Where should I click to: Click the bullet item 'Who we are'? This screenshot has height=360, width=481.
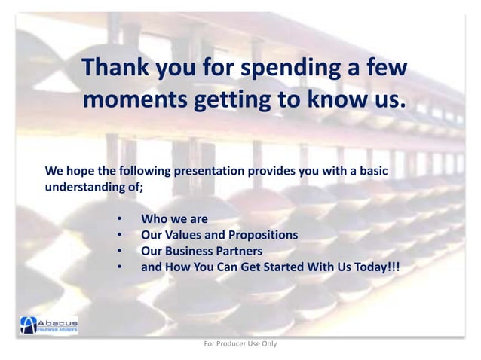(x=174, y=219)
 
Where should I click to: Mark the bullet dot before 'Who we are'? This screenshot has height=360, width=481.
(x=119, y=220)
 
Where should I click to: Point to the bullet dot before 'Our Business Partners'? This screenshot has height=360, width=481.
(x=119, y=252)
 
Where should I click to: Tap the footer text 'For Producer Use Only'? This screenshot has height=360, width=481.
(x=240, y=344)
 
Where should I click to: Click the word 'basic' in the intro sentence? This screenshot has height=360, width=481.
(x=372, y=172)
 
